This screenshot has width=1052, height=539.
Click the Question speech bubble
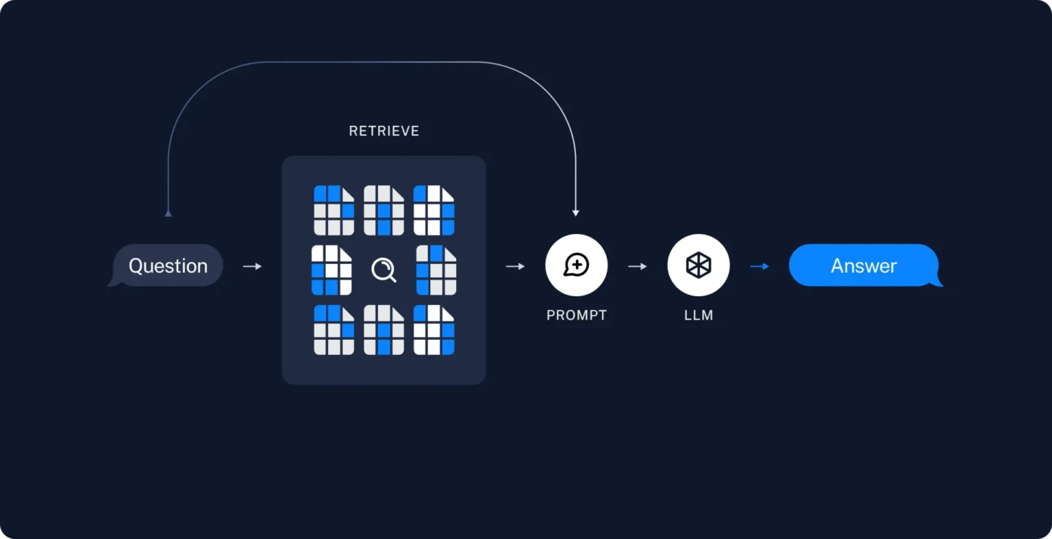(x=168, y=265)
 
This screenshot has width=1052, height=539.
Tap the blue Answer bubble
(x=864, y=265)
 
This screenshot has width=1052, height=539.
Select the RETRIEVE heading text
(x=384, y=131)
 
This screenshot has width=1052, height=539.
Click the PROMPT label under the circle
(x=576, y=315)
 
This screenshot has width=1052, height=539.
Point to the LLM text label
(x=698, y=315)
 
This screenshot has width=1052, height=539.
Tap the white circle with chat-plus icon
(x=576, y=265)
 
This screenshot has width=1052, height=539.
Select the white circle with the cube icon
(x=698, y=265)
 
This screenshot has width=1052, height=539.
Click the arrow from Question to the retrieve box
(x=252, y=266)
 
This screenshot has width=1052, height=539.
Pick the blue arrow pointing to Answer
(x=760, y=266)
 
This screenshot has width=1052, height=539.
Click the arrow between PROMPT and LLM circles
(x=637, y=266)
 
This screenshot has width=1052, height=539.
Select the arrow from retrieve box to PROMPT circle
(x=515, y=266)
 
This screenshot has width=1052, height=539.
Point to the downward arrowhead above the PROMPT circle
(x=575, y=213)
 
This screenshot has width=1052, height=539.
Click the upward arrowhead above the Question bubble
(x=168, y=213)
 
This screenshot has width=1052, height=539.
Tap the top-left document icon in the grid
(x=334, y=210)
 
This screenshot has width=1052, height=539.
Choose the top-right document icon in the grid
(x=434, y=210)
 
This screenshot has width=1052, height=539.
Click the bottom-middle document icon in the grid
(x=384, y=330)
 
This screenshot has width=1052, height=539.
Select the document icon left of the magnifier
(x=331, y=270)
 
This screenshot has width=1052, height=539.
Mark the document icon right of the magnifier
(x=436, y=270)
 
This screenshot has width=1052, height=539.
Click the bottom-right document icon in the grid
(x=434, y=330)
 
